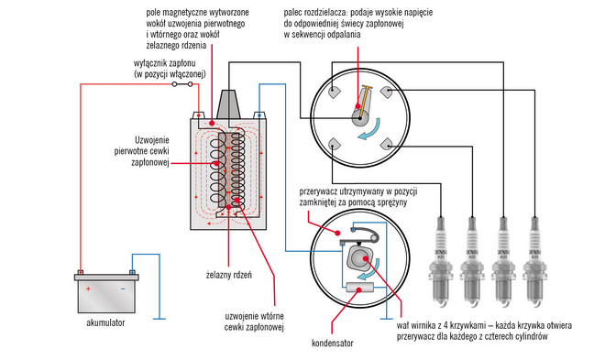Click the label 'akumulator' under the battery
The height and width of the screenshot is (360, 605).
[105, 322]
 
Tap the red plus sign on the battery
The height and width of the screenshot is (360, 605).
[88, 289]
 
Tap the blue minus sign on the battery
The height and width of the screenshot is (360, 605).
[123, 289]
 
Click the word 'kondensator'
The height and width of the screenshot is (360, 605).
[332, 343]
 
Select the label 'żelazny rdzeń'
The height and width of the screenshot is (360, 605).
[229, 275]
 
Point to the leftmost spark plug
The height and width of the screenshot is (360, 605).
[440, 262]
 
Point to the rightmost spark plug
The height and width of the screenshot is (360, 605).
[534, 262]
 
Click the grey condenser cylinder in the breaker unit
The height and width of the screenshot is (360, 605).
[360, 288]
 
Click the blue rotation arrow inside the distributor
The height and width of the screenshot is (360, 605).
[372, 130]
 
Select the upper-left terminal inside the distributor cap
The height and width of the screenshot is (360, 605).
[334, 92]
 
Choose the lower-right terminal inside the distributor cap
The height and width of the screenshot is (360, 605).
[386, 145]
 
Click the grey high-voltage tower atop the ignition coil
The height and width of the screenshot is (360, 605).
[228, 104]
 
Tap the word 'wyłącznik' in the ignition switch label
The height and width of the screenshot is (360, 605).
[149, 63]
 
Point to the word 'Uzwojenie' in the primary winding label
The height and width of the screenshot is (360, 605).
[151, 140]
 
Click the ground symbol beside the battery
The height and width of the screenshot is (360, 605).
[159, 319]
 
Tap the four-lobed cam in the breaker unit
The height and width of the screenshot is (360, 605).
[359, 258]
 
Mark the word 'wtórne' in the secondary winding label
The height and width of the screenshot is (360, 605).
[272, 316]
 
